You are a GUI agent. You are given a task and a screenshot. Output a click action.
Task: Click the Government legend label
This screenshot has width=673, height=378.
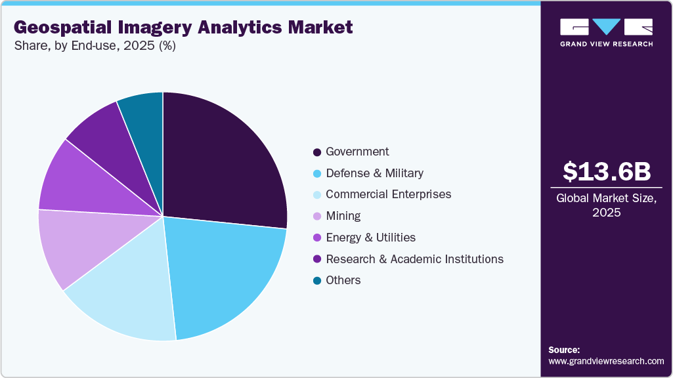tap(357, 152)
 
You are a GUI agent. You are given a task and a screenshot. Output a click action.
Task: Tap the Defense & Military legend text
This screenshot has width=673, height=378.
tap(374, 173)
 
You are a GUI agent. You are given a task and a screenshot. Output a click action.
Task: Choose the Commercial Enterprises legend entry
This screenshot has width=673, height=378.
tap(388, 194)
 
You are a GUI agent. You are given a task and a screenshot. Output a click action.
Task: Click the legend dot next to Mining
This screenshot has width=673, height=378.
tap(317, 217)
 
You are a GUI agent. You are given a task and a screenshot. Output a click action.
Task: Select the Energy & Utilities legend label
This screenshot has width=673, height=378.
tap(370, 238)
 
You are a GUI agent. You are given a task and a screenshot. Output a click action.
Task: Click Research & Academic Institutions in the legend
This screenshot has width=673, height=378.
tap(414, 259)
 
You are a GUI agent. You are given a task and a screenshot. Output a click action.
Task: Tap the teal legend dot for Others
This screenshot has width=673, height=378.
tap(317, 281)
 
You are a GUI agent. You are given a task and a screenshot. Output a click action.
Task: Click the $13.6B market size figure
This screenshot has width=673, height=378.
tap(607, 171)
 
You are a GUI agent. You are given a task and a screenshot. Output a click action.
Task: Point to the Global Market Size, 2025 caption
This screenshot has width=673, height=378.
tap(607, 205)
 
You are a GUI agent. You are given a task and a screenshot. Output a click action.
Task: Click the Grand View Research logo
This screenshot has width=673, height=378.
tap(606, 32)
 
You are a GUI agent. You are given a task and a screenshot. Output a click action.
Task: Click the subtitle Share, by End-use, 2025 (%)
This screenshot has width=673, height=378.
tap(95, 47)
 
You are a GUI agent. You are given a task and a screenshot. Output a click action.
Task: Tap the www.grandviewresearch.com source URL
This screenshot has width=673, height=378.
tap(606, 361)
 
